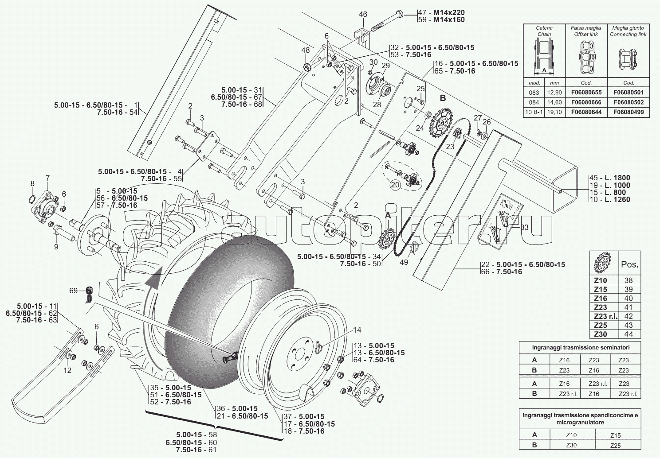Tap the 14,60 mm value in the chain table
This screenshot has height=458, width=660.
pos(554,103)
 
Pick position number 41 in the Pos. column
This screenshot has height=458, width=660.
pos(628,307)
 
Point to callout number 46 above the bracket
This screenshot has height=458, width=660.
pos(363,15)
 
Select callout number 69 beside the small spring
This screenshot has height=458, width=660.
pos(73,291)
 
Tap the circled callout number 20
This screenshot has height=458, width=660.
pos(395,185)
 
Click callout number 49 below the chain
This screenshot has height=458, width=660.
pos(403,262)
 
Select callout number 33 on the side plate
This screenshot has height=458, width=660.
pos(524,227)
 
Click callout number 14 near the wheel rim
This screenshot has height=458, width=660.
pos(357,330)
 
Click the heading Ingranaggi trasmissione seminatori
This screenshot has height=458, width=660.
pos(580,347)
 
